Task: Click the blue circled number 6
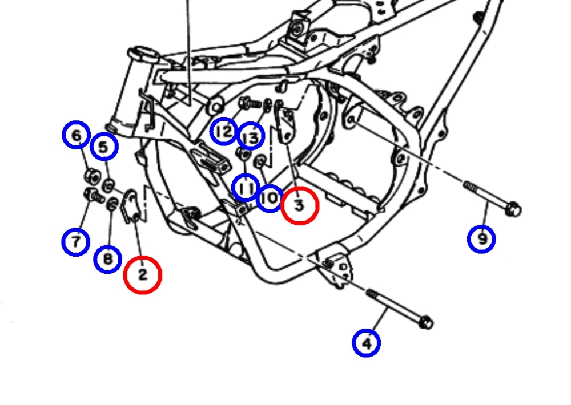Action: tap(76, 135)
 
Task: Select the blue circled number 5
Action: tap(104, 147)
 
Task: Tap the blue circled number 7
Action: tap(76, 242)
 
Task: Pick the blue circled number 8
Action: tap(108, 259)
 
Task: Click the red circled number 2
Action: tap(143, 274)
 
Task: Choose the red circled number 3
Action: tap(300, 205)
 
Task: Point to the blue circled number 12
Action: tap(224, 131)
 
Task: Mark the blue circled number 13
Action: tap(251, 136)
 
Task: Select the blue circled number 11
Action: tap(246, 188)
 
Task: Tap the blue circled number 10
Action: tap(270, 199)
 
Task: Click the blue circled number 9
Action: tap(481, 239)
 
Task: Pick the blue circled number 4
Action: tap(367, 343)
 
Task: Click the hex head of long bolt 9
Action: tap(513, 209)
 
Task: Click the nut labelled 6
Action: tap(93, 177)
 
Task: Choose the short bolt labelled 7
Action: tap(94, 196)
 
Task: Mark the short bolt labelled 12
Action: tap(250, 103)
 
